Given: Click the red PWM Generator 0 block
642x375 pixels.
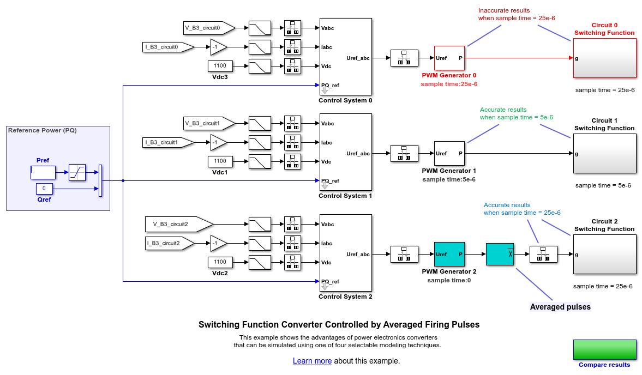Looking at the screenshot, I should (x=449, y=58).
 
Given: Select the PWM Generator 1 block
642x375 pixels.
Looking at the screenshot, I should (x=449, y=153).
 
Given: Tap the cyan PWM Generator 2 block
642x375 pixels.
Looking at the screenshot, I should (x=449, y=254).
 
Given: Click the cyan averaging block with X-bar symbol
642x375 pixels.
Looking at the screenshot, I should (x=500, y=254).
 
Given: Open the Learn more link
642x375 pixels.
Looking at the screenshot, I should (x=312, y=361).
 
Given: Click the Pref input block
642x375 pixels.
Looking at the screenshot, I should (x=43, y=172).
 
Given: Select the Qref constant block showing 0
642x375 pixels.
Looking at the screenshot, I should (x=44, y=189).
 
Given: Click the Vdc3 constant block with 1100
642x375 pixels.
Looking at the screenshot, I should (x=220, y=66).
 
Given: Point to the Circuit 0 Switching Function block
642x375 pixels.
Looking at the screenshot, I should (x=604, y=58).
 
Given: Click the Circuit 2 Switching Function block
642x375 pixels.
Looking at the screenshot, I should (x=604, y=254).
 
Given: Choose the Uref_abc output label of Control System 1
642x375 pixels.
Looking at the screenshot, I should (x=358, y=153).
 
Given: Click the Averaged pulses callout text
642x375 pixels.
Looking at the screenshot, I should (x=560, y=307).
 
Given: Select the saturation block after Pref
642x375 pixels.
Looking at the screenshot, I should (x=77, y=172).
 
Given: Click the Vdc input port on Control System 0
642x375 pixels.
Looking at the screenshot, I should (x=327, y=66).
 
